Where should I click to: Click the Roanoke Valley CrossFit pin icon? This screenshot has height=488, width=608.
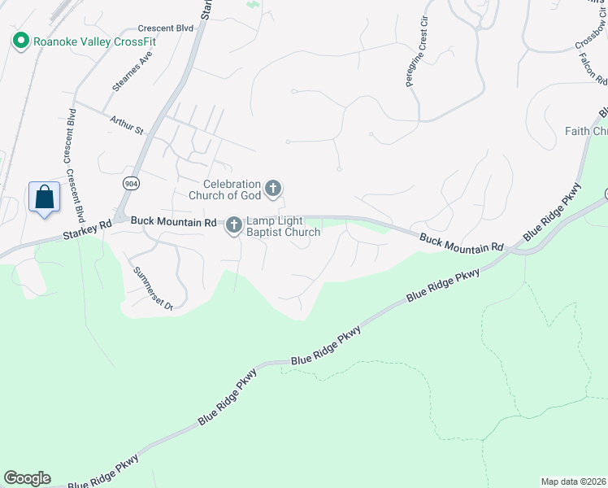coord(20,40)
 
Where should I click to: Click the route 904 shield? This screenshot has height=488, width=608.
coord(131,183)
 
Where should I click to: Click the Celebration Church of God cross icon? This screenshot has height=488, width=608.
coord(273,190)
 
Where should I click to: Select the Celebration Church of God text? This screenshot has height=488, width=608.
coord(224,190)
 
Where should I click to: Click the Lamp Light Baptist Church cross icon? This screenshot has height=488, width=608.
coord(234,225)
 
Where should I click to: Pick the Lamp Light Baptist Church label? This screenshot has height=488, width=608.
coord(284,226)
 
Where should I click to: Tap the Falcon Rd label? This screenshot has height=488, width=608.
coord(593,70)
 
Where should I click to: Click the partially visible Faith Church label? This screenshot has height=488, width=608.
coord(586,131)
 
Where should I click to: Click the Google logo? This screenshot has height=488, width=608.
coord(27,478)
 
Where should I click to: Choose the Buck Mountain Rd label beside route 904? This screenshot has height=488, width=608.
coord(173,220)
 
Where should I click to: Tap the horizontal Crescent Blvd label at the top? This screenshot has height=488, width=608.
coord(165,28)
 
